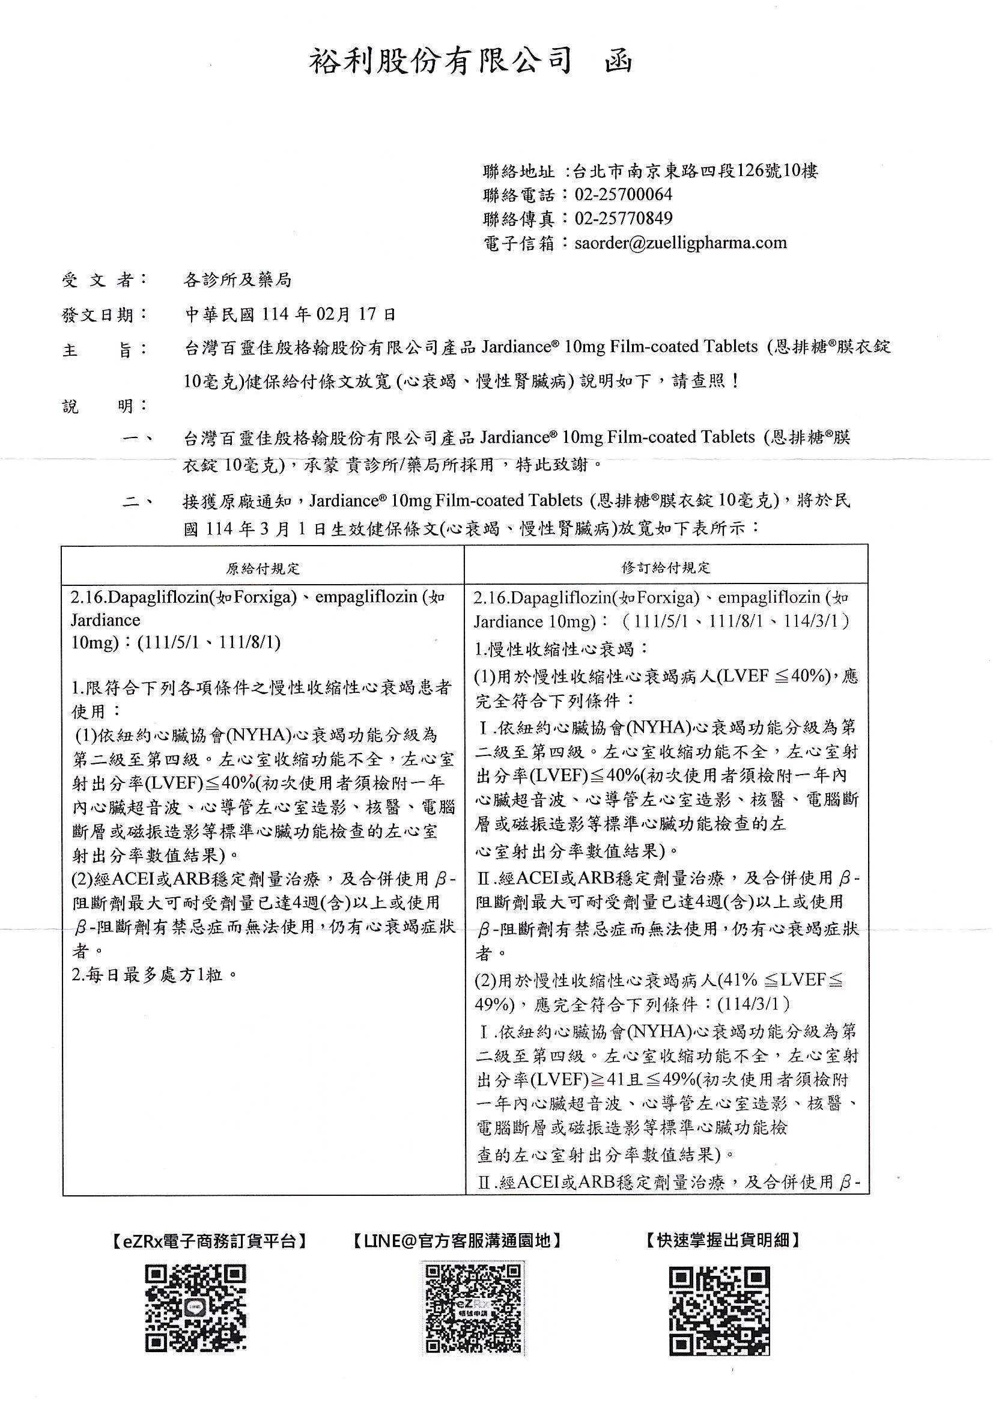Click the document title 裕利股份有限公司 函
coord(470,62)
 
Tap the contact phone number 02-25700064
coord(623,195)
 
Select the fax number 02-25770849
coord(623,219)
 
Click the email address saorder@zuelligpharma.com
coord(681,243)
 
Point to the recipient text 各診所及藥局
coord(237,280)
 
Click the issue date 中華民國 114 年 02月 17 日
coord(291,314)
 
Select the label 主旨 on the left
coord(104,349)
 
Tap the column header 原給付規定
coord(263,568)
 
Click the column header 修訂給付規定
coord(666,568)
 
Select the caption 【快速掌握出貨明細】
coord(723,1240)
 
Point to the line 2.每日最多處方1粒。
coord(154,975)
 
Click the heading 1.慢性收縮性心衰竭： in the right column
coord(561,649)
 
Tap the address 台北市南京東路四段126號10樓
coord(695,171)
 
